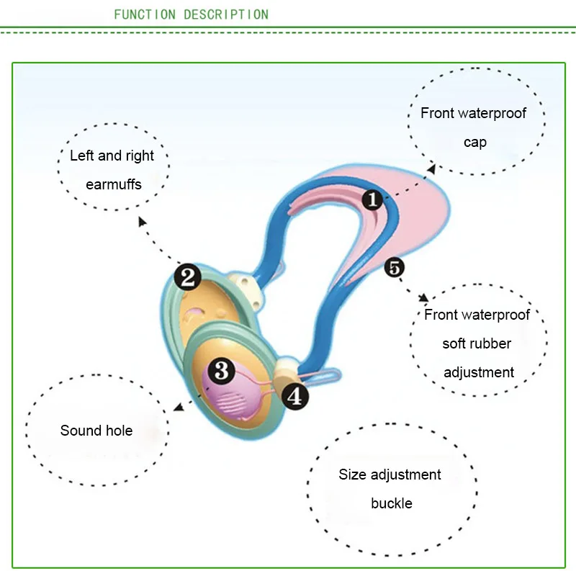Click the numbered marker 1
tap(372, 199)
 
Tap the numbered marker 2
tap(188, 277)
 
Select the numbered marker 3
tap(222, 370)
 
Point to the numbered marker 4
tap(295, 397)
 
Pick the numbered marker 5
tap(395, 267)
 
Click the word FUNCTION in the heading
tap(145, 14)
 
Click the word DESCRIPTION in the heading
tap(226, 14)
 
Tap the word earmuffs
tap(114, 184)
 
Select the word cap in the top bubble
tap(475, 143)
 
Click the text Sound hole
tap(96, 431)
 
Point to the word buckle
tap(392, 503)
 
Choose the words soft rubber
tap(477, 343)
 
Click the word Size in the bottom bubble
tap(353, 475)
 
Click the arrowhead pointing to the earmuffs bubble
tap(142, 221)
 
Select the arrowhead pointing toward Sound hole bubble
tap(179, 407)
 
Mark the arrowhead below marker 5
tap(424, 297)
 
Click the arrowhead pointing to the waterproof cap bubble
tap(431, 168)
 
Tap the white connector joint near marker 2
tap(245, 290)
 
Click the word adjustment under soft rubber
tap(479, 372)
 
